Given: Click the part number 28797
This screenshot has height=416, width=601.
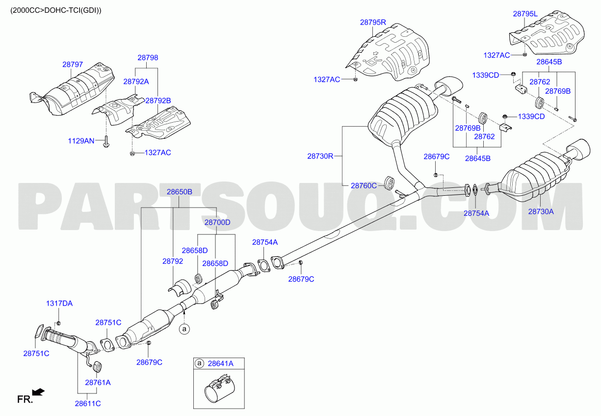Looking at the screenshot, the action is tap(73, 64).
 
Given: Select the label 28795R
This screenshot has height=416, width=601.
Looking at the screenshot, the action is tap(373, 22).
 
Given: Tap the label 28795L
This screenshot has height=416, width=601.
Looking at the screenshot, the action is tap(525, 14).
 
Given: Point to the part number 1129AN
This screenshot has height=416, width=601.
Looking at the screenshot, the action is tap(81, 141).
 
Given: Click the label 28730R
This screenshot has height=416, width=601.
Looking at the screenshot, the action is tap(320, 156).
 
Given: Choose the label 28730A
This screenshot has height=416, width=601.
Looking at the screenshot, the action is tap(541, 211).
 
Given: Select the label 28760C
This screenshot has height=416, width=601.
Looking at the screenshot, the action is tap(364, 185).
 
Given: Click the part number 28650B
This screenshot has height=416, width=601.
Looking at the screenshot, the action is tap(180, 192).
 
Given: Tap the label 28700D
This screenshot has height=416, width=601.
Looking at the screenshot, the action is tap(217, 222).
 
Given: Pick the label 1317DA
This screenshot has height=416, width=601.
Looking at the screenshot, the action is tap(59, 303).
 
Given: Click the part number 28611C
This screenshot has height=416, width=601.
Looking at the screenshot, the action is tap(88, 403).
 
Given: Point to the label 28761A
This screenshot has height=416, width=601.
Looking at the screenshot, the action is tap(98, 383).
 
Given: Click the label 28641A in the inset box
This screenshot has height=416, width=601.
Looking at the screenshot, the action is tap(221, 364).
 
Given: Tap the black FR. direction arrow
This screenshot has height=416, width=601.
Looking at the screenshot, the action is tap(38, 392).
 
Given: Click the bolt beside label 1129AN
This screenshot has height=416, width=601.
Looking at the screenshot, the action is tap(106, 141).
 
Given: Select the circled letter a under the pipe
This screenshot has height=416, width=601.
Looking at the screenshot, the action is tap(184, 329).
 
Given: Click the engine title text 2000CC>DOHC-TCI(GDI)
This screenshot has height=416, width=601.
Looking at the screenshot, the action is tap(56, 10).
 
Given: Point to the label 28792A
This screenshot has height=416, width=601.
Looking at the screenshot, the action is tap(136, 81).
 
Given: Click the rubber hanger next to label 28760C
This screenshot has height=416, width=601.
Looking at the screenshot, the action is tap(389, 182).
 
